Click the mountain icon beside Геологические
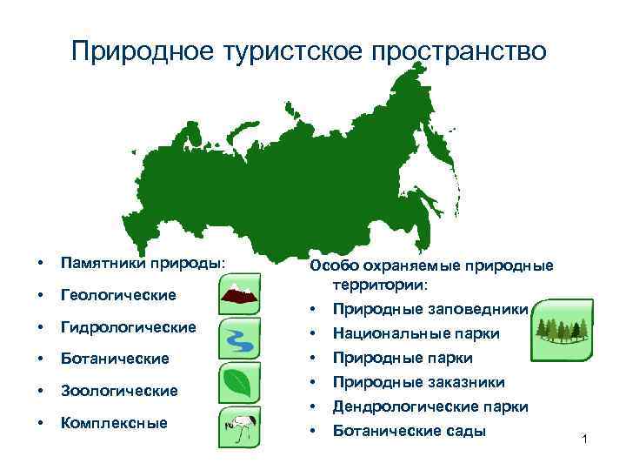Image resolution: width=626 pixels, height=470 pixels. point(238,293)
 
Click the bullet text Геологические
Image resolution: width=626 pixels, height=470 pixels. point(117,294)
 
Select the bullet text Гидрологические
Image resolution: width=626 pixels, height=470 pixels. point(127,328)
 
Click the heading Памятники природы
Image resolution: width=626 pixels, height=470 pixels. point(142,262)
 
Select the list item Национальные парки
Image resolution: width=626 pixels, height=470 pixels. point(416,333)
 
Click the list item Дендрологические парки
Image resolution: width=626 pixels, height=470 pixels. point(430,406)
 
